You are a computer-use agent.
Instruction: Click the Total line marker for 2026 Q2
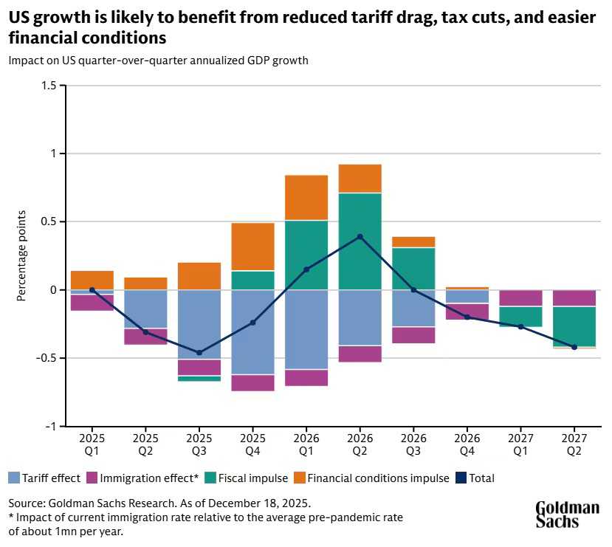click(x=360, y=237)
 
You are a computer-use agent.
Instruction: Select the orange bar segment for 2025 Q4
click(x=252, y=247)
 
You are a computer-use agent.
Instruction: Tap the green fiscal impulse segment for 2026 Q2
click(x=360, y=241)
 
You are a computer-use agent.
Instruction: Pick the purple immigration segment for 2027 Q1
click(x=520, y=298)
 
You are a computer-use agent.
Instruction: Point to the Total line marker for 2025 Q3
click(x=199, y=353)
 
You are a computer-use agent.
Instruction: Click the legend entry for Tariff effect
click(x=44, y=478)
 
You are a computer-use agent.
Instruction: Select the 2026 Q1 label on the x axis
click(x=306, y=441)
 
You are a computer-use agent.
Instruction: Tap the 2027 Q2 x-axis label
click(x=574, y=441)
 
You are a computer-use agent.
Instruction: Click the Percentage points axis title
click(x=22, y=255)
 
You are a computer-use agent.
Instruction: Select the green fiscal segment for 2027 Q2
click(x=574, y=326)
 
